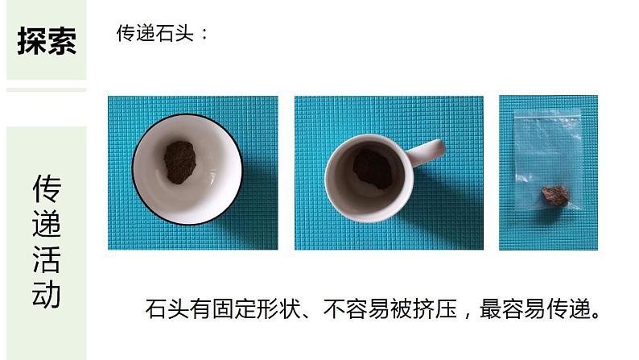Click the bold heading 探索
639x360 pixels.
pyautogui.click(x=47, y=41)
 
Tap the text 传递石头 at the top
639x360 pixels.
pyautogui.click(x=155, y=33)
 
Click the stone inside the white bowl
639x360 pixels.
pyautogui.click(x=179, y=162)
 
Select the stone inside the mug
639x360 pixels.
pyautogui.click(x=373, y=169)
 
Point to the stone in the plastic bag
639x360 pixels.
pyautogui.click(x=555, y=195)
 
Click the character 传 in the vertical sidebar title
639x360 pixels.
pyautogui.click(x=47, y=188)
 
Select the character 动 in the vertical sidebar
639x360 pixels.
pyautogui.click(x=47, y=294)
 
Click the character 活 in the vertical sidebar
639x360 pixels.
pyautogui.click(x=47, y=259)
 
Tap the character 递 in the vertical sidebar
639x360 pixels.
pyautogui.click(x=47, y=224)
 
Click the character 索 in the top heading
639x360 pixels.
pyautogui.click(x=62, y=41)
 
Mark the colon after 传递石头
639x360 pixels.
pyautogui.click(x=204, y=34)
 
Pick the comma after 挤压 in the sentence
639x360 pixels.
pyautogui.click(x=467, y=315)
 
